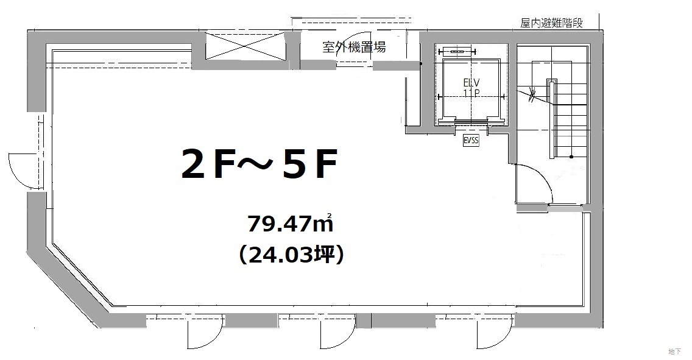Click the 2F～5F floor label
click(x=259, y=164)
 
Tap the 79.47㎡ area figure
click(x=289, y=223)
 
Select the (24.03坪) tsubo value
click(x=291, y=255)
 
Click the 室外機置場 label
click(x=354, y=46)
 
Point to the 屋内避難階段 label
click(x=551, y=23)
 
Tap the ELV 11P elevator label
click(x=471, y=87)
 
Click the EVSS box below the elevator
click(x=471, y=141)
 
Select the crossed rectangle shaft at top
click(x=245, y=46)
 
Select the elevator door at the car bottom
click(x=471, y=122)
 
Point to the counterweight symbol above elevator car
click(x=457, y=52)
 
